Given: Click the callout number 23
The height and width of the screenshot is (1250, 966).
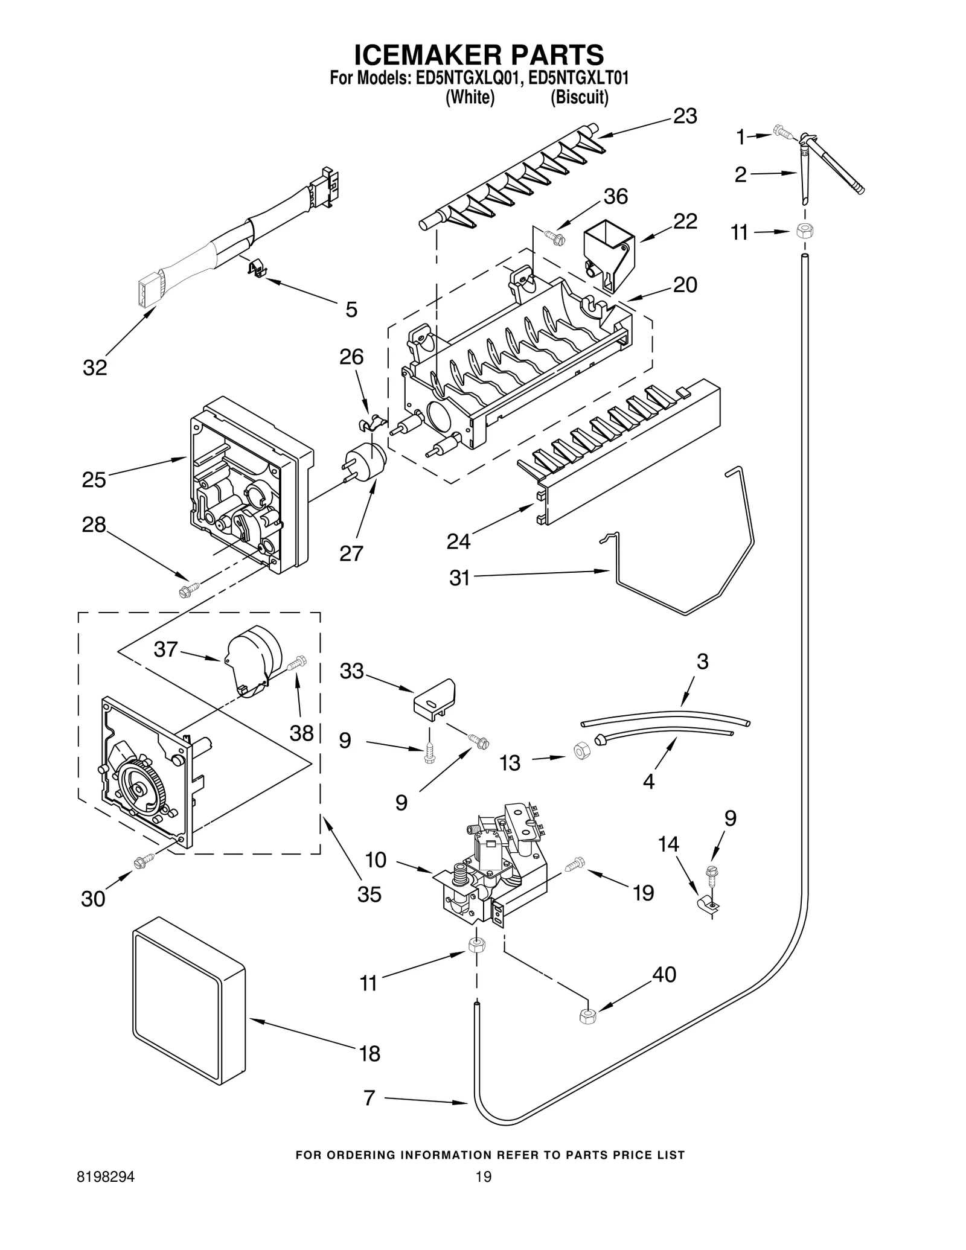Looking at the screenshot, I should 685,116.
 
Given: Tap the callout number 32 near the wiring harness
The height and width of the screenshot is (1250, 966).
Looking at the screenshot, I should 95,367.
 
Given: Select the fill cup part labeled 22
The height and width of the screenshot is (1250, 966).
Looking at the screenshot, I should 608,255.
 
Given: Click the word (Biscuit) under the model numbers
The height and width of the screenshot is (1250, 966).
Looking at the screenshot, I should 578,97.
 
